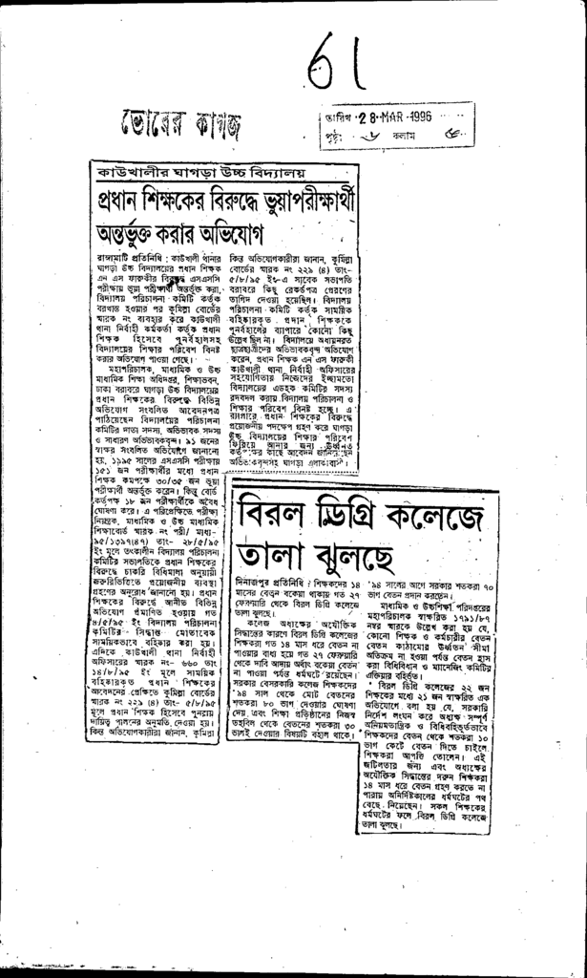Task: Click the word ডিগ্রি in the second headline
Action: [352, 518]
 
